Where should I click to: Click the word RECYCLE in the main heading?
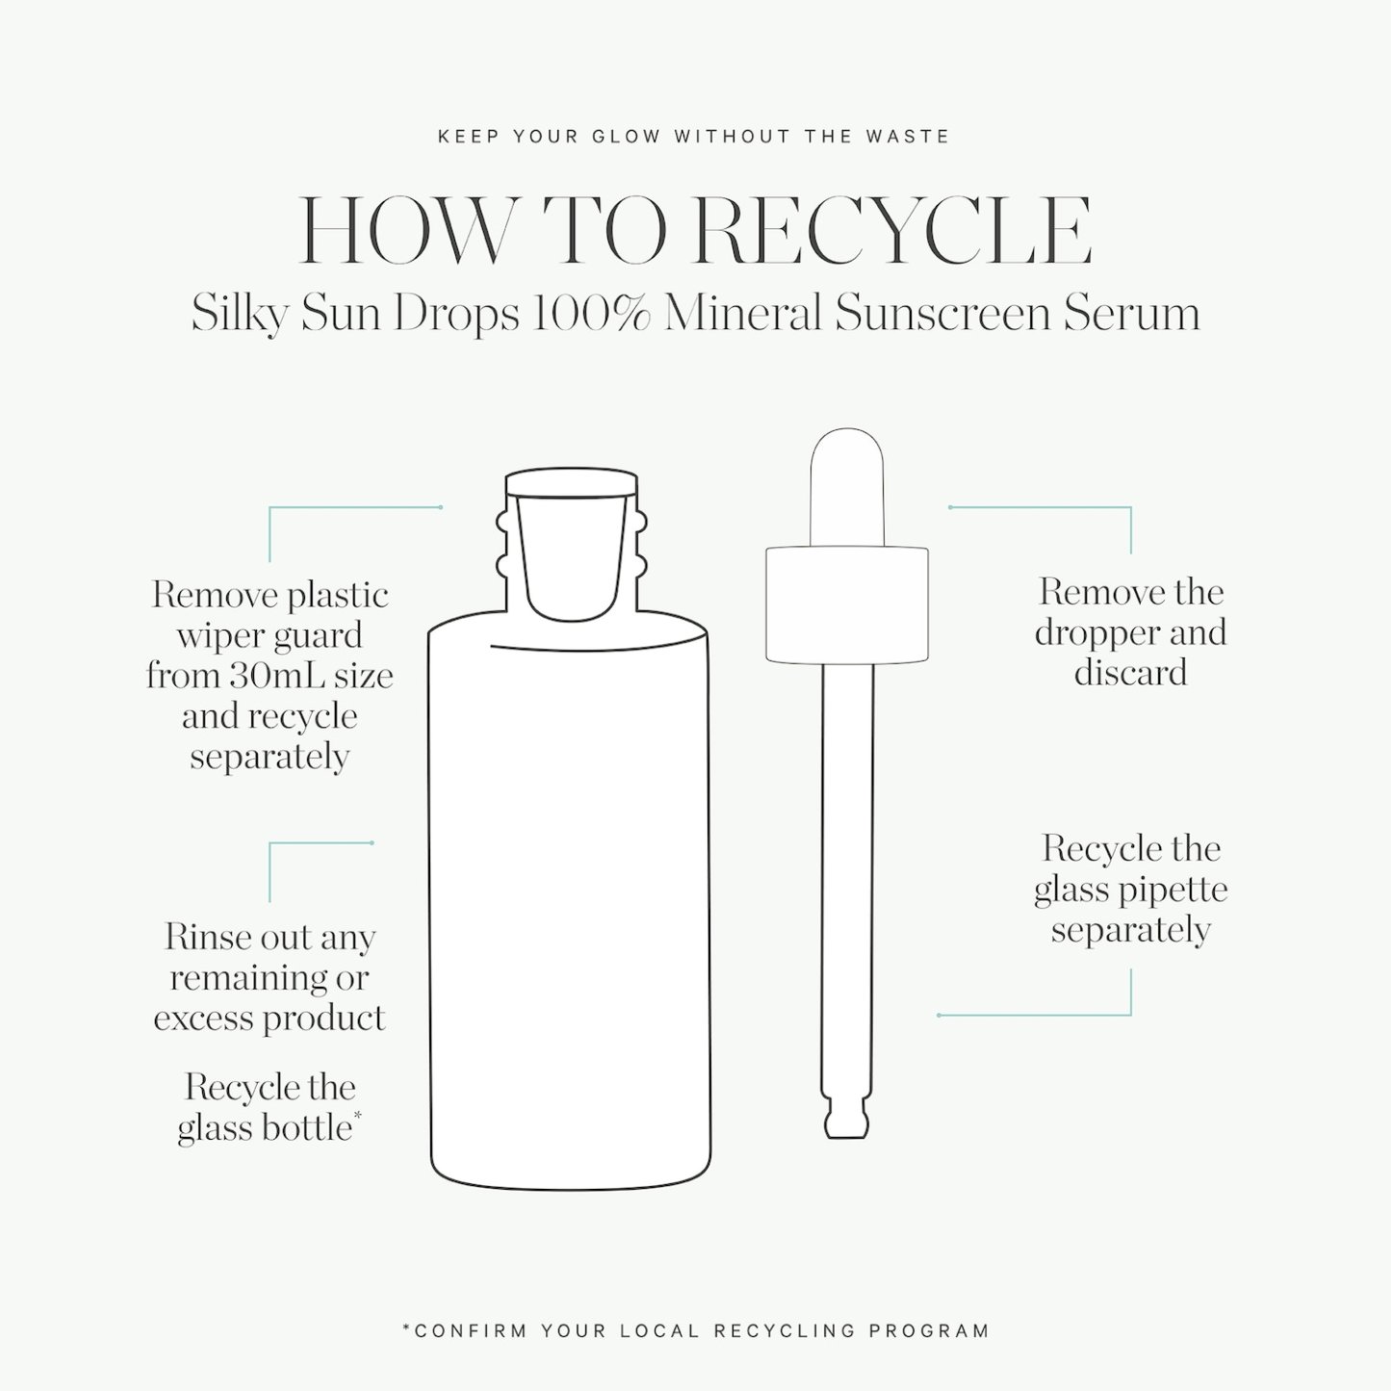(x=891, y=231)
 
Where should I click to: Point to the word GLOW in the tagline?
(x=627, y=137)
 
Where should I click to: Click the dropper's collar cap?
(x=847, y=605)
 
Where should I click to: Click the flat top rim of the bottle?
(x=571, y=482)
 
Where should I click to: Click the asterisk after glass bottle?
(x=357, y=1116)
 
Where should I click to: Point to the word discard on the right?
(x=1130, y=673)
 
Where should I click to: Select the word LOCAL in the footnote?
(x=659, y=1330)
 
